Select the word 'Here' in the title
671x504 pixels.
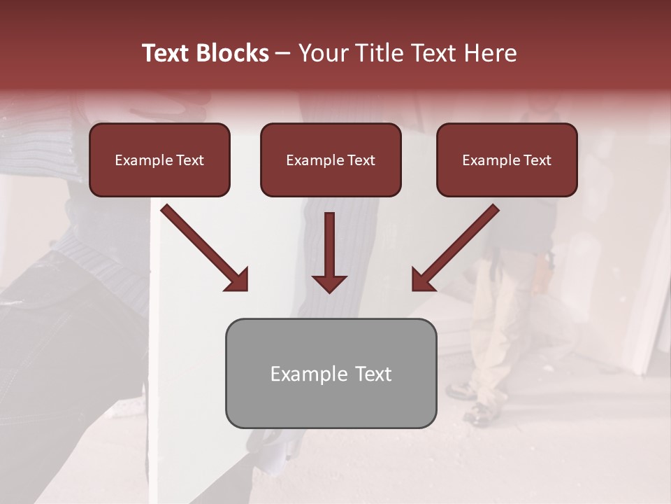tap(493, 53)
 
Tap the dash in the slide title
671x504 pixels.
tap(283, 54)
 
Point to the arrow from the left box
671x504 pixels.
tap(203, 246)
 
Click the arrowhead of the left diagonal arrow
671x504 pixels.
tap(238, 280)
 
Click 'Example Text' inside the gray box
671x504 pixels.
tap(331, 374)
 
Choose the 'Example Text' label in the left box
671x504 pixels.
tap(159, 160)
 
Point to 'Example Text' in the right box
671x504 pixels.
tap(507, 160)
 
